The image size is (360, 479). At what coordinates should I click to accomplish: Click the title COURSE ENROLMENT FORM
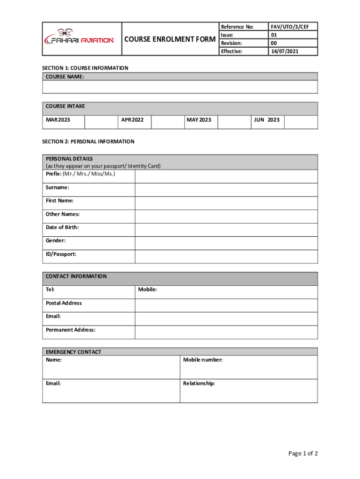pyautogui.click(x=170, y=39)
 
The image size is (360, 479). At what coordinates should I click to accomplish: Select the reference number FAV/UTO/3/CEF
pyautogui.click(x=293, y=27)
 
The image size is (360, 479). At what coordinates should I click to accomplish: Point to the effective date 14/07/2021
pyautogui.click(x=285, y=51)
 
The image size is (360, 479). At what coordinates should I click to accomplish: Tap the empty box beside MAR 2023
pyautogui.click(x=101, y=122)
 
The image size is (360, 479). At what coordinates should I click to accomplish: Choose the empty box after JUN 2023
pyautogui.click(x=301, y=122)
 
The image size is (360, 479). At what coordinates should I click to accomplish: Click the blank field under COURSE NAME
pyautogui.click(x=180, y=87)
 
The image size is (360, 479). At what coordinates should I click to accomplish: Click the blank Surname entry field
pyautogui.click(x=226, y=189)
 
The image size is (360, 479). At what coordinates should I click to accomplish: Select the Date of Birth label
pyautogui.click(x=62, y=227)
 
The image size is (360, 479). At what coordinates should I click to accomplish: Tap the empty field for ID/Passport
pyautogui.click(x=226, y=256)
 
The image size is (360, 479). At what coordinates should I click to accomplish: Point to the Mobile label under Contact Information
pyautogui.click(x=147, y=290)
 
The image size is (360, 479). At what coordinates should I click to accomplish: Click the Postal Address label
pyautogui.click(x=64, y=303)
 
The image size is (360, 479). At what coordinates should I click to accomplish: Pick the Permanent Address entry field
pyautogui.click(x=226, y=332)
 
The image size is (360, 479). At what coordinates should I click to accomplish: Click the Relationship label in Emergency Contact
pyautogui.click(x=199, y=383)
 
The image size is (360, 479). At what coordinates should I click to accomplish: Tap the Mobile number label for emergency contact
pyautogui.click(x=203, y=360)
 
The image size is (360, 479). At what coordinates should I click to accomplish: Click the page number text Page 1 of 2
pyautogui.click(x=303, y=453)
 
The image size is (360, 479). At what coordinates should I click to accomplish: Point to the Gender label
pyautogui.click(x=56, y=240)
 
